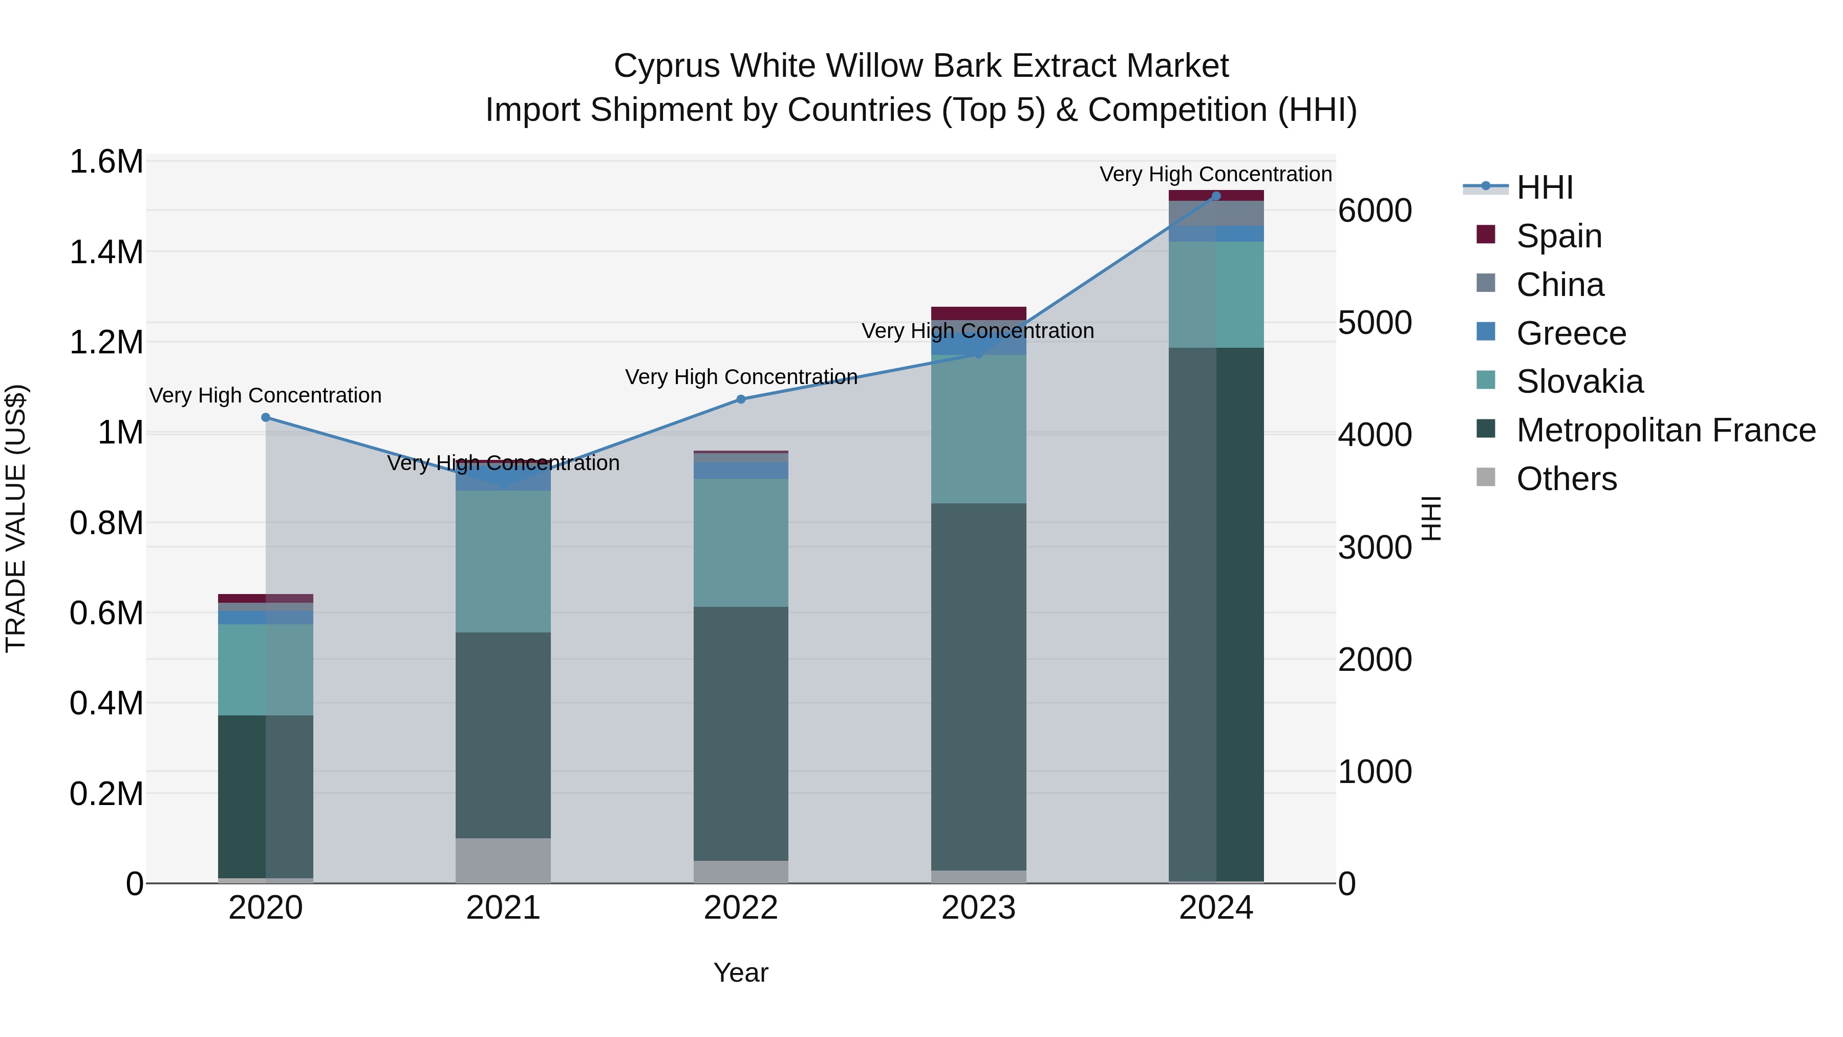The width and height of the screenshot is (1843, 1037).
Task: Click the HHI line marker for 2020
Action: pyautogui.click(x=265, y=417)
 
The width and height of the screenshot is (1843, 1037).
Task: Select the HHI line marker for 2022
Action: pyautogui.click(x=740, y=399)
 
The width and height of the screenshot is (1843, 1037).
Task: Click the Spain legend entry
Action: pyautogui.click(x=1558, y=236)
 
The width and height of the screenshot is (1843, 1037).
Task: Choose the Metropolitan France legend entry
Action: pyautogui.click(x=1665, y=430)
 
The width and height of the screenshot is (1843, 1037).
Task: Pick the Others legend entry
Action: pyautogui.click(x=1566, y=479)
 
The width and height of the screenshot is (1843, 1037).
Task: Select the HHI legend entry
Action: pyautogui.click(x=1544, y=187)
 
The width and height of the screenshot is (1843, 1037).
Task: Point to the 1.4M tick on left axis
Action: pyautogui.click(x=106, y=252)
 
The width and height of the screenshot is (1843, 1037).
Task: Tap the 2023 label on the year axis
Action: pyautogui.click(x=978, y=908)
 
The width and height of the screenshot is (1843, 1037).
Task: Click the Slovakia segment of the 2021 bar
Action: pyautogui.click(x=503, y=562)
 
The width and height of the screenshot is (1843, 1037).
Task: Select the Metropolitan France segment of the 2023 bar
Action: pyautogui.click(x=978, y=687)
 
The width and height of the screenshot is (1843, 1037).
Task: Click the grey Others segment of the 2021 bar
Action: pyautogui.click(x=503, y=860)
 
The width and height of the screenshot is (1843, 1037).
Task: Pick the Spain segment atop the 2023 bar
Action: pyautogui.click(x=978, y=313)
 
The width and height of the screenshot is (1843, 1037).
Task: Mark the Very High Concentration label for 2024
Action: pyautogui.click(x=1215, y=174)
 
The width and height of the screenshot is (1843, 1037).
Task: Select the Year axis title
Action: pyautogui.click(x=740, y=972)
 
